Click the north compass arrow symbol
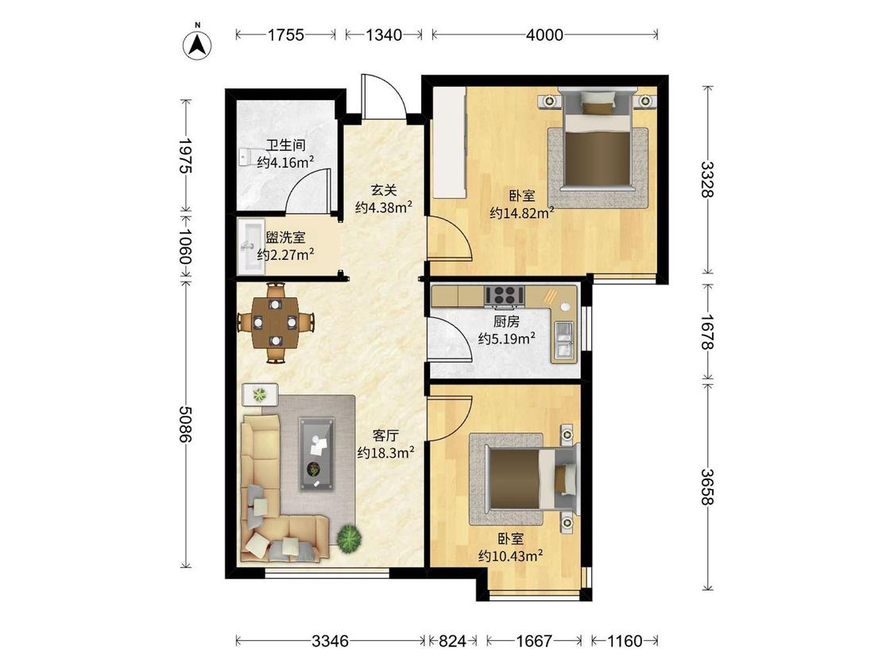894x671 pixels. pyautogui.click(x=197, y=44)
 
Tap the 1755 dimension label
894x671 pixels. pyautogui.click(x=285, y=35)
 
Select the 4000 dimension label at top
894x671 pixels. pyautogui.click(x=544, y=35)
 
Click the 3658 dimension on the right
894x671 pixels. pyautogui.click(x=707, y=487)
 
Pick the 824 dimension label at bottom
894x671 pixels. pyautogui.click(x=452, y=642)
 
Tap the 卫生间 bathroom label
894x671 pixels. pyautogui.click(x=285, y=145)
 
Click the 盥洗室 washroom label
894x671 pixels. pyautogui.click(x=285, y=238)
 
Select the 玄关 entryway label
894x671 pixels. pyautogui.click(x=384, y=190)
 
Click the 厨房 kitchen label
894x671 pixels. pyautogui.click(x=506, y=322)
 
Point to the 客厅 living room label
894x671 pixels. pyautogui.click(x=385, y=436)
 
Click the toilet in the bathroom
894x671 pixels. pyautogui.click(x=246, y=157)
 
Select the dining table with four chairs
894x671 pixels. pyautogui.click(x=276, y=322)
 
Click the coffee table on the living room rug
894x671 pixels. pyautogui.click(x=317, y=454)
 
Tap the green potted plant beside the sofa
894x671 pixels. pyautogui.click(x=349, y=537)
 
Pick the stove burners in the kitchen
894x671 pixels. pyautogui.click(x=505, y=296)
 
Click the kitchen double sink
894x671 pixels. pyautogui.click(x=564, y=340)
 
